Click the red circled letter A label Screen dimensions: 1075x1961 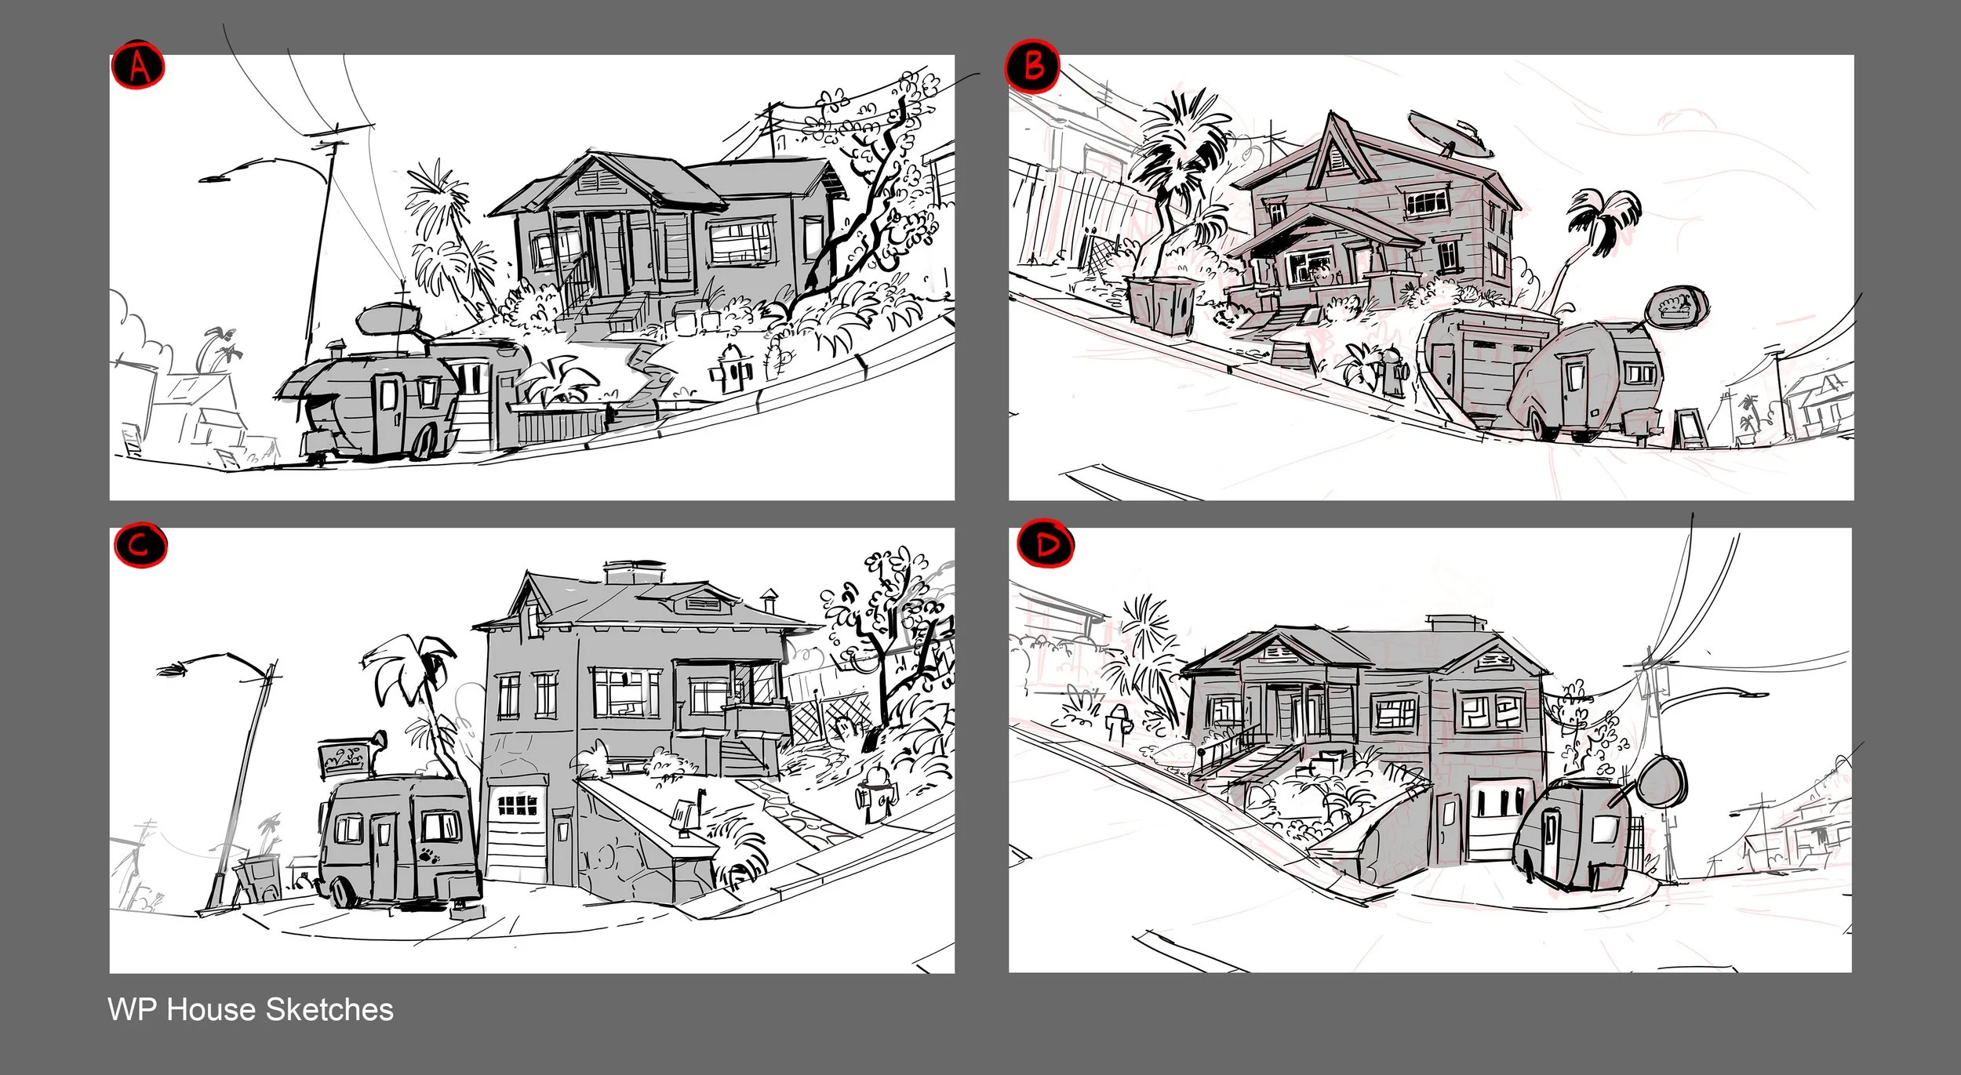(x=138, y=67)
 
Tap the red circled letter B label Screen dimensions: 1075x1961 (x=1033, y=66)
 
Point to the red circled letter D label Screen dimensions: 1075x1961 (x=1046, y=544)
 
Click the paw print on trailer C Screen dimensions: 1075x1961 (x=428, y=854)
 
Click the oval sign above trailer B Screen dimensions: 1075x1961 (x=1679, y=306)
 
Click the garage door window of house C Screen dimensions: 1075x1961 (x=518, y=804)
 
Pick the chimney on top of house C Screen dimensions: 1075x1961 (x=634, y=572)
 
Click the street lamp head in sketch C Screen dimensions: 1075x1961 (x=173, y=669)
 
